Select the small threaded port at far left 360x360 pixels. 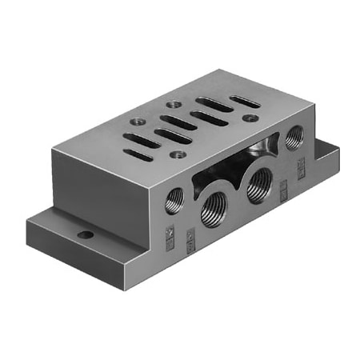pos(174,201)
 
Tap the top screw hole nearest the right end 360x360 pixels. pos(252,118)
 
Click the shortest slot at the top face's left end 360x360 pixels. pos(138,154)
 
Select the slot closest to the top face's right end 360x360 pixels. pos(244,102)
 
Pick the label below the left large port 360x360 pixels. pos(190,238)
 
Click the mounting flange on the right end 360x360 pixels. pos(320,157)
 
